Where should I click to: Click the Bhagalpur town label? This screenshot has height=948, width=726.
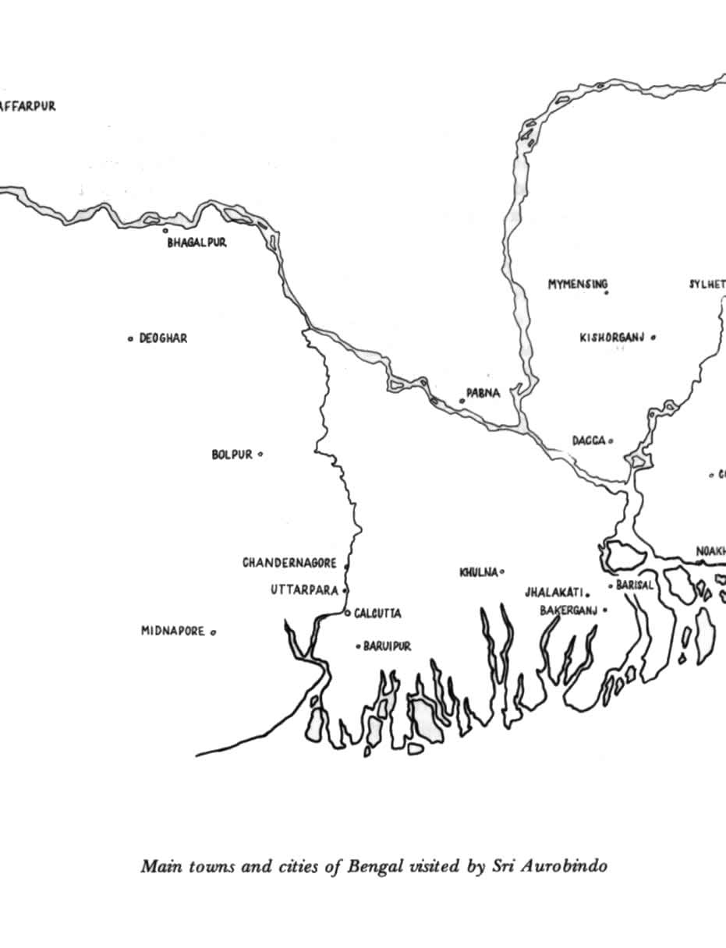197,243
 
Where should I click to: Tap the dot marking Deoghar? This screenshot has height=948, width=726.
130,338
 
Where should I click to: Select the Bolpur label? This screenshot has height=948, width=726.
232,455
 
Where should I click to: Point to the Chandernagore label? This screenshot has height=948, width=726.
289,563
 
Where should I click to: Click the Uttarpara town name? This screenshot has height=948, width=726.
304,590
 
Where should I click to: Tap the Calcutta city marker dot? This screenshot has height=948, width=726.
348,613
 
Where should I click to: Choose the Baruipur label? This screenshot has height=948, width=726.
387,646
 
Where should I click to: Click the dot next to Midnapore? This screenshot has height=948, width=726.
213,632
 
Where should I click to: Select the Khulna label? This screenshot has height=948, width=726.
478,573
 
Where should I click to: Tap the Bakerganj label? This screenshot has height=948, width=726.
568,610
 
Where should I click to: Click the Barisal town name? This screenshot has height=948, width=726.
634,585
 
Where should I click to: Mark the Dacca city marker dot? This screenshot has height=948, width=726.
611,440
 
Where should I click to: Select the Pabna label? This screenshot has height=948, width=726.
483,394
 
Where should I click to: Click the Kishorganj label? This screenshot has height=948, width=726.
611,338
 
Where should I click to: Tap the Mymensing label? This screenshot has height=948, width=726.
576,285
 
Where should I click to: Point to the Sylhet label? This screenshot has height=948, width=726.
707,284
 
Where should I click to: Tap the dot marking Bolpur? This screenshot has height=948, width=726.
260,454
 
